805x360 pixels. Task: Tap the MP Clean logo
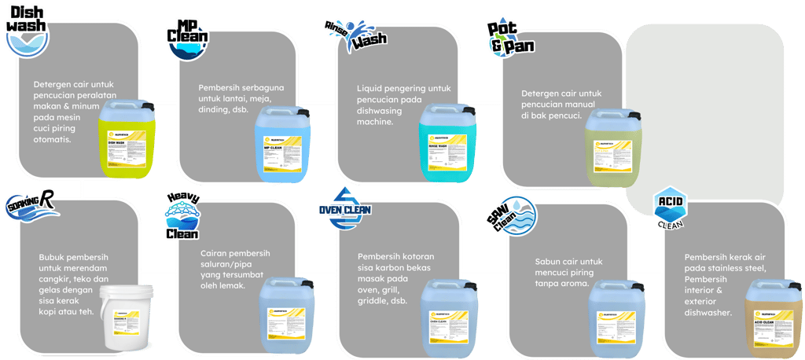(x=189, y=40)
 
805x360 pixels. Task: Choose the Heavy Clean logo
(x=182, y=217)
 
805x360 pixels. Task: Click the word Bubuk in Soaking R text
(x=53, y=257)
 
